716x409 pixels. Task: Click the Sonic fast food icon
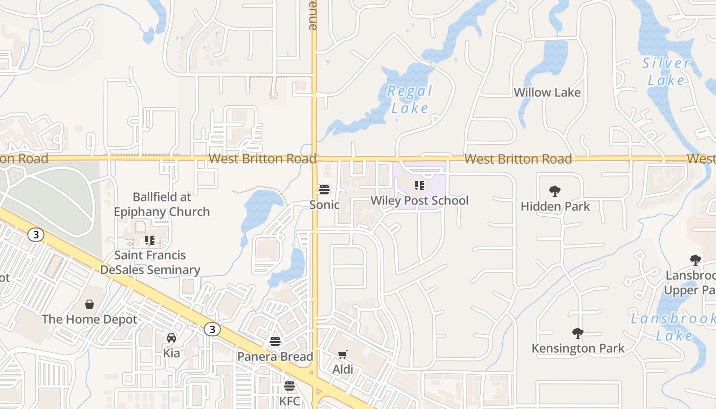click(324, 190)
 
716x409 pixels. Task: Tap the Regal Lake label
click(410, 99)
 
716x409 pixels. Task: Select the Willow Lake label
click(547, 93)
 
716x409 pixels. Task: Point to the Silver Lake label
click(666, 72)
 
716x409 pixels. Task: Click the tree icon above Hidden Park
click(555, 192)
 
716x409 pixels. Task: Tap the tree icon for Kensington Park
click(578, 334)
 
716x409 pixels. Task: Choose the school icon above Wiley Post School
click(419, 186)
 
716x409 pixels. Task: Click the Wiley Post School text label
click(419, 200)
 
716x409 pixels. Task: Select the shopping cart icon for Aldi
click(343, 354)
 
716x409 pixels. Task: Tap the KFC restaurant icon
click(289, 386)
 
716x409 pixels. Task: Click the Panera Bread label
click(275, 356)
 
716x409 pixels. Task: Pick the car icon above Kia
click(171, 338)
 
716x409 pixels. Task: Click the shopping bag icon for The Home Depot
click(89, 305)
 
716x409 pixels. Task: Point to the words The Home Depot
click(89, 320)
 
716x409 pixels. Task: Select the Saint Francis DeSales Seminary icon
click(150, 240)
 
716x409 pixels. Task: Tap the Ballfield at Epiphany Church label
click(162, 204)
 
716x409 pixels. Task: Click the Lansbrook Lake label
click(673, 327)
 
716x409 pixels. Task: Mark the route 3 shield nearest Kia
click(212, 330)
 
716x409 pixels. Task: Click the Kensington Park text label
click(578, 349)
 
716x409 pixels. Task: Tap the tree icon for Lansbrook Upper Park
click(695, 260)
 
